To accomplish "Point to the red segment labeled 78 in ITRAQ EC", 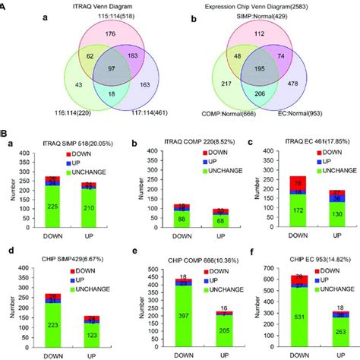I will [x=289, y=183].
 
